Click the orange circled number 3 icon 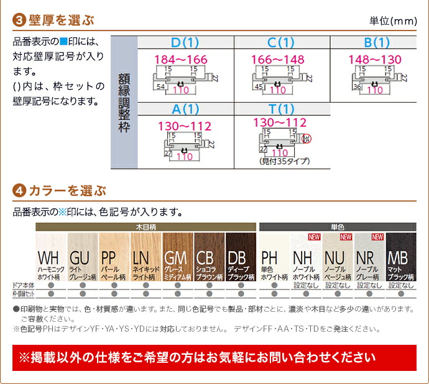[19, 21]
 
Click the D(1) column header [184, 42]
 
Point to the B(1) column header [376, 42]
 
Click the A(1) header [184, 109]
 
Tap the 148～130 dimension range [374, 59]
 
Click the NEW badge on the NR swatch [377, 237]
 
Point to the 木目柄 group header [145, 227]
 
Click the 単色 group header [338, 227]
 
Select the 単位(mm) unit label [393, 21]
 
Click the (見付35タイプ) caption [285, 161]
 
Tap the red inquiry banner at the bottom [214, 358]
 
